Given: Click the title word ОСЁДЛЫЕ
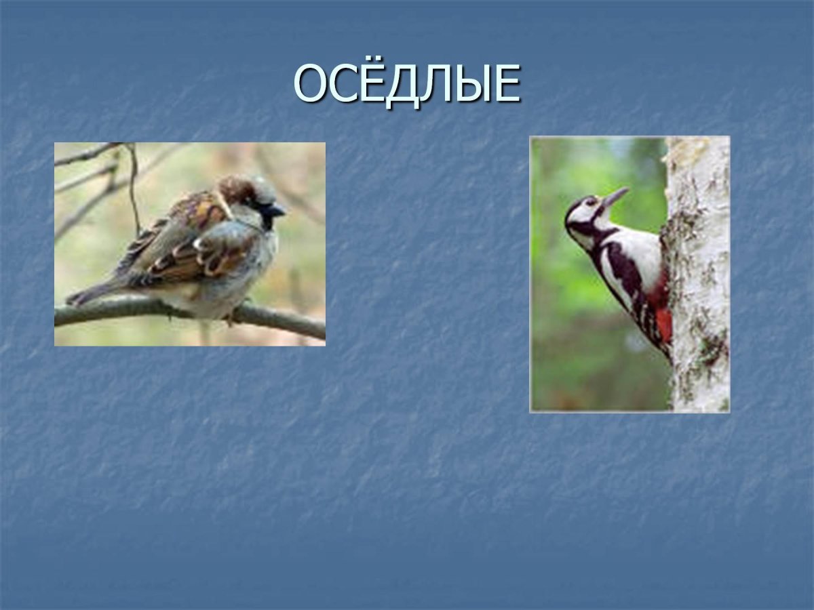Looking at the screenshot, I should pos(407,84).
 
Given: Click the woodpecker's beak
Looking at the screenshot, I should pos(615,197).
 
